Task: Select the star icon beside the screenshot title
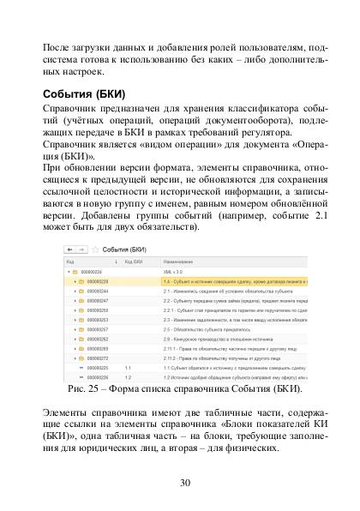pos(93,249)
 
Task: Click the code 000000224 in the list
pos(94,271)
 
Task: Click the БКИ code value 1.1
pos(127,367)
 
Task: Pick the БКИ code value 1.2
pos(127,376)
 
